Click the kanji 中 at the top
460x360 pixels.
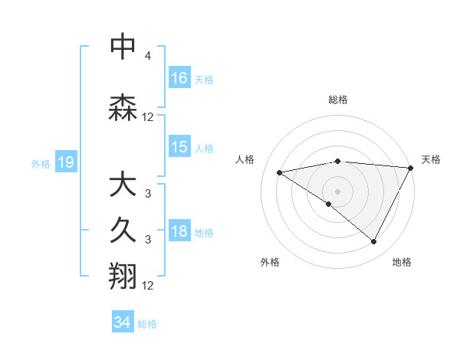123,47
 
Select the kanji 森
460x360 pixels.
123,108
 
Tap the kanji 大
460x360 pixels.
123,185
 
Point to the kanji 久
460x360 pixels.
123,231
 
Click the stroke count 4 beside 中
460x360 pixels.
148,57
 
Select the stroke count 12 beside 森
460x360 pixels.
148,117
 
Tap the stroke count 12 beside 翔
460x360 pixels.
148,285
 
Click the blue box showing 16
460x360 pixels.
179,77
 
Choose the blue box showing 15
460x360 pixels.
179,147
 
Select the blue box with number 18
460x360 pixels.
179,232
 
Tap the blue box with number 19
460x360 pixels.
65,162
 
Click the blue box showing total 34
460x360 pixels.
122,322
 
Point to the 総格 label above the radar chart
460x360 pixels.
338,100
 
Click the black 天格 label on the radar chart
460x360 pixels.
431,159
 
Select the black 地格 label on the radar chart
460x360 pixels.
402,263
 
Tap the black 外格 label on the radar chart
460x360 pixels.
270,263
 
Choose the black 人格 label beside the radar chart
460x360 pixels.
245,159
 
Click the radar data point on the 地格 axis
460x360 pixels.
374,242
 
